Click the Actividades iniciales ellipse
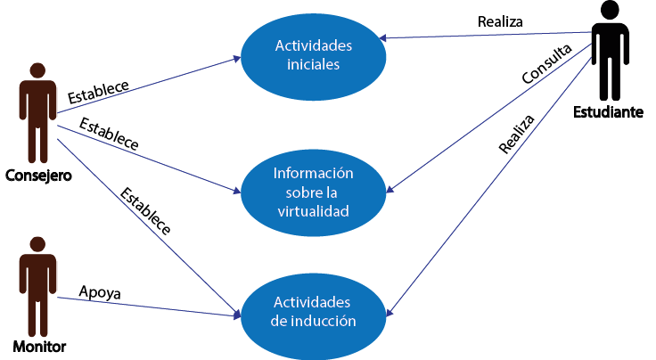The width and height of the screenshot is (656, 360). coord(313,55)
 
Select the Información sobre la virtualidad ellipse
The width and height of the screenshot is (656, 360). coord(313,192)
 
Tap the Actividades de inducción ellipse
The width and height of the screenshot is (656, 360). coord(313,311)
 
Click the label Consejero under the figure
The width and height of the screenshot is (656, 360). coord(37,175)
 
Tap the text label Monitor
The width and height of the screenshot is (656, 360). coord(39,346)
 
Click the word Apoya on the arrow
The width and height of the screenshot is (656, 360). coord(100,291)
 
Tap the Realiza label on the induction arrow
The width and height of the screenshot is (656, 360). coord(517,134)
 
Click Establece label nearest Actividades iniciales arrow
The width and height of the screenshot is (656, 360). coord(98,91)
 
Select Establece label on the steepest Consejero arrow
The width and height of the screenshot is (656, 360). coord(144,210)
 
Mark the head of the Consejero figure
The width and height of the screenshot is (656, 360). coord(37,70)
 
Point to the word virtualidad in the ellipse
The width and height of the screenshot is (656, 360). coord(313,211)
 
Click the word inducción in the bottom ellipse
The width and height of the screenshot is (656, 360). coord(326,321)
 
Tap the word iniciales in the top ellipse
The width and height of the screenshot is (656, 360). coord(313,65)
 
